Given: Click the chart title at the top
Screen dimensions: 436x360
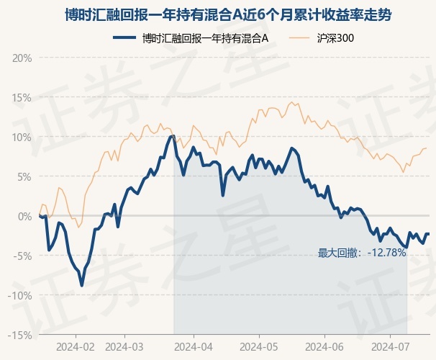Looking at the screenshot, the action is [228, 14].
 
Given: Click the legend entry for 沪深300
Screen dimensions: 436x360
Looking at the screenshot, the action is [322, 38].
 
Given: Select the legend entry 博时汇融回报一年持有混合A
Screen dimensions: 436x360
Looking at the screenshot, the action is [191, 38].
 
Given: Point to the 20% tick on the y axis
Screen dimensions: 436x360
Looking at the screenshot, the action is [22, 58].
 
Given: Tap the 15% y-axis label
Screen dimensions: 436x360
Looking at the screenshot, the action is [22, 98].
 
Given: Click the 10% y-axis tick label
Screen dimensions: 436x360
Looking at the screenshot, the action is [22, 138].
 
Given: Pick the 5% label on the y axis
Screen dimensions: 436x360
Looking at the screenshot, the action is [24, 177].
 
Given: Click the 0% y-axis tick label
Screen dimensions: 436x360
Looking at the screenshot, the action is [24, 217].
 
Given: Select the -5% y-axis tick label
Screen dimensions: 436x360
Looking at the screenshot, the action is [22, 256].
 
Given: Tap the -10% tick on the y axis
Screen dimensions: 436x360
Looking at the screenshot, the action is [20, 296].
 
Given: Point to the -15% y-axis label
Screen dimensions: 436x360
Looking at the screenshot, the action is [20, 336].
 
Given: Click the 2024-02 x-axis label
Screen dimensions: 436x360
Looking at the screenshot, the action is [76, 347].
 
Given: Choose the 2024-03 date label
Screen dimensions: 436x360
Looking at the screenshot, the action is [124, 347].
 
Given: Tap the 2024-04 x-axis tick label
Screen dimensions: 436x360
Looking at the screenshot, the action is [194, 347].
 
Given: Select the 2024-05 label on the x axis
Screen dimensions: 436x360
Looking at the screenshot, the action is [258, 347].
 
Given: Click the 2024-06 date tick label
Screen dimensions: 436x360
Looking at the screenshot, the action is [324, 347].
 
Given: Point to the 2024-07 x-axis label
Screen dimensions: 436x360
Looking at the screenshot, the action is [391, 347].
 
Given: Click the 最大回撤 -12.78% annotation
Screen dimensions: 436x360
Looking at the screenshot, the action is [362, 253].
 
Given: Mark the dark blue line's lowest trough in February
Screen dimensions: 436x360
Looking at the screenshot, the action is [82, 285].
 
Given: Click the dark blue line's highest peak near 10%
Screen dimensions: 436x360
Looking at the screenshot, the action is [173, 136].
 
